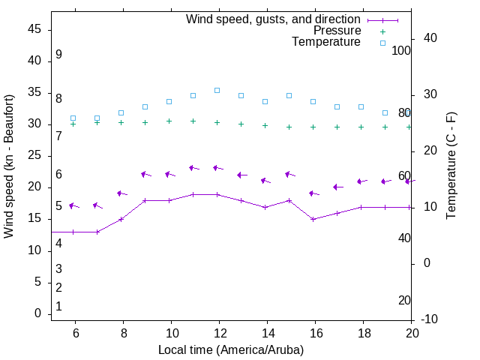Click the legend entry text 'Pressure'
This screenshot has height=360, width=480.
click(337, 31)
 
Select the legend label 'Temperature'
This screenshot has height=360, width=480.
click(326, 42)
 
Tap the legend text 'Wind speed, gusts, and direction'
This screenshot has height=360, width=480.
click(274, 19)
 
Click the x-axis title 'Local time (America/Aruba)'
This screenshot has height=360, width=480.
click(231, 349)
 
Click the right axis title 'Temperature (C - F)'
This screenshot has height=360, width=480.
click(451, 166)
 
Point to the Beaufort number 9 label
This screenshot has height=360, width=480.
click(58, 55)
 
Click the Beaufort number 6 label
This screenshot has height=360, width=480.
click(58, 175)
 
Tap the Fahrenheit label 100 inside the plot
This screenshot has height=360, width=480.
click(401, 50)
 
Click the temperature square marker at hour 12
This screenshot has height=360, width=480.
click(217, 90)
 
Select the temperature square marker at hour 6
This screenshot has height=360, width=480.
click(73, 118)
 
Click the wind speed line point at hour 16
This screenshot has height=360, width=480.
click(313, 219)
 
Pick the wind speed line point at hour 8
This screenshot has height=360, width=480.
click(121, 219)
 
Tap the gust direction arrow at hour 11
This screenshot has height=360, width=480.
click(193, 168)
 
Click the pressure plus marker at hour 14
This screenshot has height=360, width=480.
click(265, 126)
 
